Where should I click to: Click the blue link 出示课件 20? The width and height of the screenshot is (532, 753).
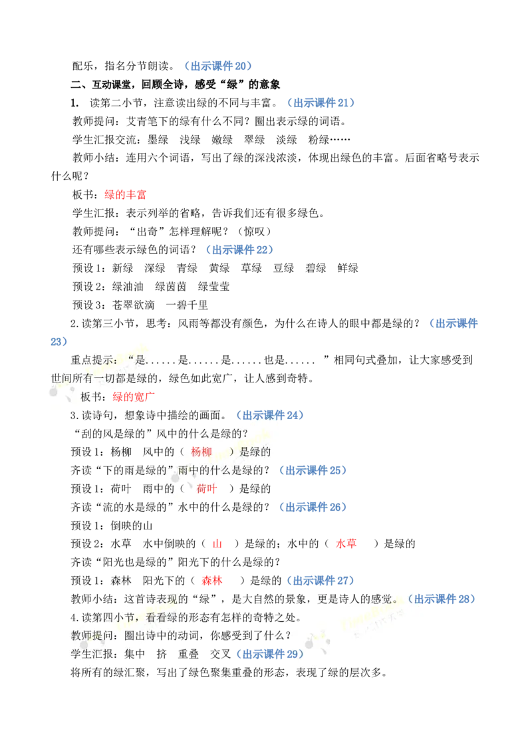[218, 66]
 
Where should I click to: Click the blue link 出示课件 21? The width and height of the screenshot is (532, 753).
[321, 102]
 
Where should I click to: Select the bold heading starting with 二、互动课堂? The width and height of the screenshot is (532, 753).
[176, 84]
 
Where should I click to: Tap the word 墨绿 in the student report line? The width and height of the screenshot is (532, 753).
[158, 140]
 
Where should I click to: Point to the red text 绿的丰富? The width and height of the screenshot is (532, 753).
[125, 194]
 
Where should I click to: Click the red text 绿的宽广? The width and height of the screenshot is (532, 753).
[134, 396]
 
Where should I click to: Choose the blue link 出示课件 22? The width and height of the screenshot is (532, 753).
[239, 249]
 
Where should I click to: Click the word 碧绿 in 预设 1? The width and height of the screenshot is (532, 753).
[315, 268]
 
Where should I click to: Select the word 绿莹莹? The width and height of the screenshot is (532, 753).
[213, 287]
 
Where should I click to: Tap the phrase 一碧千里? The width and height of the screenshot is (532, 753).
[187, 305]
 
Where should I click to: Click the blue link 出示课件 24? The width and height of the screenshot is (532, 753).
[270, 415]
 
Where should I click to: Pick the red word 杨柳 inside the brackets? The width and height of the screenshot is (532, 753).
[201, 452]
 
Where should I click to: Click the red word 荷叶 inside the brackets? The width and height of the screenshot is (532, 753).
[206, 489]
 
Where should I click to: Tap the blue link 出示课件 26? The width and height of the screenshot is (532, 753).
[313, 507]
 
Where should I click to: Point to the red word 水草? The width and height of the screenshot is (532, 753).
[346, 543]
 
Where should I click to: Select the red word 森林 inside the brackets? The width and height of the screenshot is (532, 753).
[211, 581]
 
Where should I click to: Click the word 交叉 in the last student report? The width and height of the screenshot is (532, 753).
[220, 654]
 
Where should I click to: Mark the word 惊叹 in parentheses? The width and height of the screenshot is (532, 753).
[255, 231]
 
